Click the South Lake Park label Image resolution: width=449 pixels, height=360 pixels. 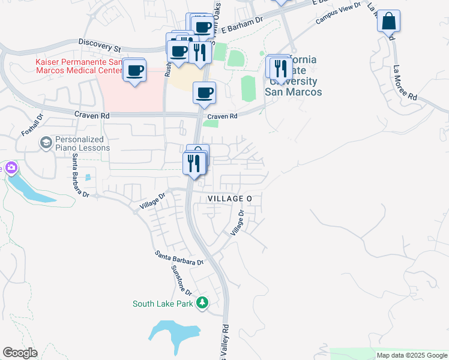click(163, 304)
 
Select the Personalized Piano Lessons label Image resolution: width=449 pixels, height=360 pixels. click(82, 143)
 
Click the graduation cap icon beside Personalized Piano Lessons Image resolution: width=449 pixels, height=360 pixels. click(46, 143)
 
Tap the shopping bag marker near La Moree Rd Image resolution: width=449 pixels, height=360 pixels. click(388, 22)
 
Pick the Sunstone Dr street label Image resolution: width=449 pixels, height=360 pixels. click(181, 280)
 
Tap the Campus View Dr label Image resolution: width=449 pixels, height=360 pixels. click(339, 13)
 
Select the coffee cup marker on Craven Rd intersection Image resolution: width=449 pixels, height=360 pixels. click(204, 93)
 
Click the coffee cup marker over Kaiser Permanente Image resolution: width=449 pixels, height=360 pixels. click(134, 71)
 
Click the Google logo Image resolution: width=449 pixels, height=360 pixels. click(20, 353)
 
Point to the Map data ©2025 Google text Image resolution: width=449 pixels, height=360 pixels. click(411, 355)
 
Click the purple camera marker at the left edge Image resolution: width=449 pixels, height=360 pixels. click(10, 168)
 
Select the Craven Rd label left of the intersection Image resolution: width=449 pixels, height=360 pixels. click(92, 115)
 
